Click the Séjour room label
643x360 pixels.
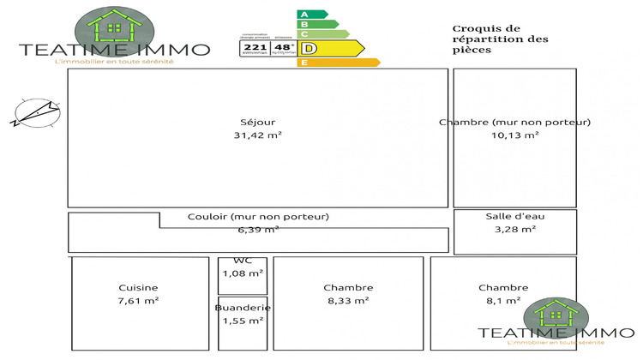pyautogui.click(x=258, y=122)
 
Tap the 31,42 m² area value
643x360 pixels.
pyautogui.click(x=258, y=135)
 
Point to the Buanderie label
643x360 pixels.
pyautogui.click(x=243, y=308)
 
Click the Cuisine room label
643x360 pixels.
pyautogui.click(x=139, y=287)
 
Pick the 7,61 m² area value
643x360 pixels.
pyautogui.click(x=139, y=301)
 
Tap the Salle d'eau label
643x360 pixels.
pyautogui.click(x=515, y=216)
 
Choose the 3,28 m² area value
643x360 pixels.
pyautogui.click(x=515, y=229)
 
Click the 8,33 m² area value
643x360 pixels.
pyautogui.click(x=347, y=301)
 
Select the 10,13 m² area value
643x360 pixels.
pyautogui.click(x=514, y=135)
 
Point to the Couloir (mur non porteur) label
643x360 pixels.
pyautogui.click(x=258, y=217)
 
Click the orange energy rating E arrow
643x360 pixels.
pyautogui.click(x=338, y=63)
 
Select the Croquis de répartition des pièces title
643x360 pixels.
pyautogui.click(x=489, y=39)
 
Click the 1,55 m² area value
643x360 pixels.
pyautogui.click(x=243, y=321)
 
